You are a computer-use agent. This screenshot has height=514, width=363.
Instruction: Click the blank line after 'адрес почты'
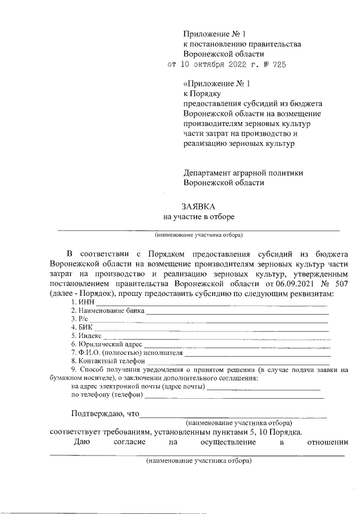(264, 388)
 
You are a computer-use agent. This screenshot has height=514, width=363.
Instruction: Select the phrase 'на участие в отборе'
(199, 216)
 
